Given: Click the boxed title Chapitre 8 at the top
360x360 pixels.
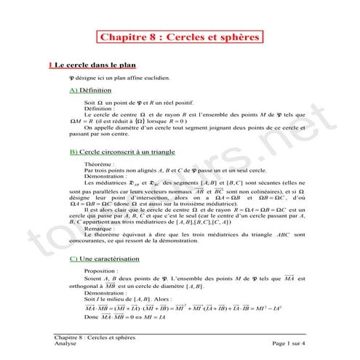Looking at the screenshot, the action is (180, 37).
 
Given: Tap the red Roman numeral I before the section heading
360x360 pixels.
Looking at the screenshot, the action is (49, 65).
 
